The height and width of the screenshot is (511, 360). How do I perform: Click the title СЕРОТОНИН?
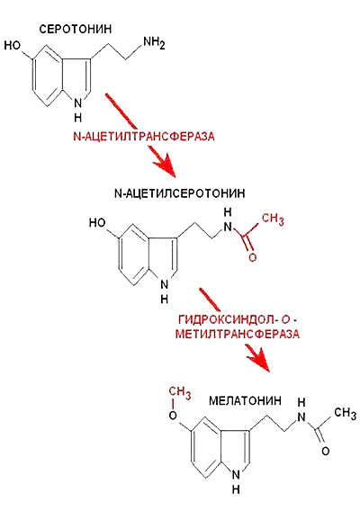76,30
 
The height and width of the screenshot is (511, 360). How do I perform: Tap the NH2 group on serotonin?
154,43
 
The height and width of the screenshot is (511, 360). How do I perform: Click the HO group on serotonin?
13,45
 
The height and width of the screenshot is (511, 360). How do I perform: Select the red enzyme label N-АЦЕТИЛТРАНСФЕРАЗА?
144,136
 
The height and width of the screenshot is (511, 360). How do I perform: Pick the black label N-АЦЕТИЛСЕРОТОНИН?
180,193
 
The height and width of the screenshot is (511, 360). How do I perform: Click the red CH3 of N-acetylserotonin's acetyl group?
273,219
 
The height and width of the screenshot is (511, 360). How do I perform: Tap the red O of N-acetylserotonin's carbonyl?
253,257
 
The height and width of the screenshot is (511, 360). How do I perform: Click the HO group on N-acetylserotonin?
97,223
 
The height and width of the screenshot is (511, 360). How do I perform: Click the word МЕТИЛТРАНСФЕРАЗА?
238,334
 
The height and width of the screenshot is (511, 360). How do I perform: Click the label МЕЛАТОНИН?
245,400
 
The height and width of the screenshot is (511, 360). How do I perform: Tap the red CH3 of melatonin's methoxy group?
180,392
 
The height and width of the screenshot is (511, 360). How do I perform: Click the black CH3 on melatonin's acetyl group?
345,413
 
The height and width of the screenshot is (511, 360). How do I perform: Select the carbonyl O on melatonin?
326,452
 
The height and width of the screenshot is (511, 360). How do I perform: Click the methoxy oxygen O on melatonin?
173,416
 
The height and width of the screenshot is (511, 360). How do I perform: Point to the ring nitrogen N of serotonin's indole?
78,103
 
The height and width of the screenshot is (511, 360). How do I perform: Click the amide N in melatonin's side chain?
301,417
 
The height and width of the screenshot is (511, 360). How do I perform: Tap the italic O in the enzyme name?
285,319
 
